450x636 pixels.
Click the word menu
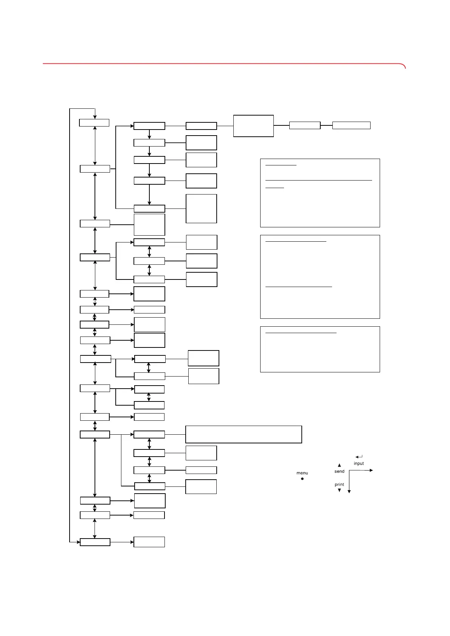pyautogui.click(x=302, y=473)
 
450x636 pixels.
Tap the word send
pyautogui.click(x=339, y=471)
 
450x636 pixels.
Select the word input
pyautogui.click(x=359, y=463)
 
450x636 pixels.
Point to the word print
pyautogui.click(x=339, y=485)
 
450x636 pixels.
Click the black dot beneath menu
pyautogui.click(x=302, y=479)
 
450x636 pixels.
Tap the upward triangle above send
pyautogui.click(x=339, y=465)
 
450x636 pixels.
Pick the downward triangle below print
pyautogui.click(x=339, y=490)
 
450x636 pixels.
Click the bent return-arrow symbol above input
pyautogui.click(x=359, y=457)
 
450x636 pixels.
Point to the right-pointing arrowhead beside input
pyautogui.click(x=371, y=470)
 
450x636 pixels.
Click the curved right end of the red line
pyautogui.click(x=404, y=66)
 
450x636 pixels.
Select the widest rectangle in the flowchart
pyautogui.click(x=244, y=434)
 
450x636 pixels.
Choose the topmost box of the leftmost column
pyautogui.click(x=94, y=123)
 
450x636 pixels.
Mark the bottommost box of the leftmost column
pyautogui.click(x=95, y=542)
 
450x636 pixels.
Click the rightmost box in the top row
pyautogui.click(x=351, y=125)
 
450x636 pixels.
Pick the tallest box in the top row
pyautogui.click(x=253, y=126)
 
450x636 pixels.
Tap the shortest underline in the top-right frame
pyautogui.click(x=275, y=188)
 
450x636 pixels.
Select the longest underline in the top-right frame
pyautogui.click(x=319, y=180)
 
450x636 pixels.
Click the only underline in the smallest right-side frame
pyautogui.click(x=301, y=333)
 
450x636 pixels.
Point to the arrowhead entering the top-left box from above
pyautogui.click(x=95, y=117)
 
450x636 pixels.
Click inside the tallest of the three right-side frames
pyautogui.click(x=320, y=277)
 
